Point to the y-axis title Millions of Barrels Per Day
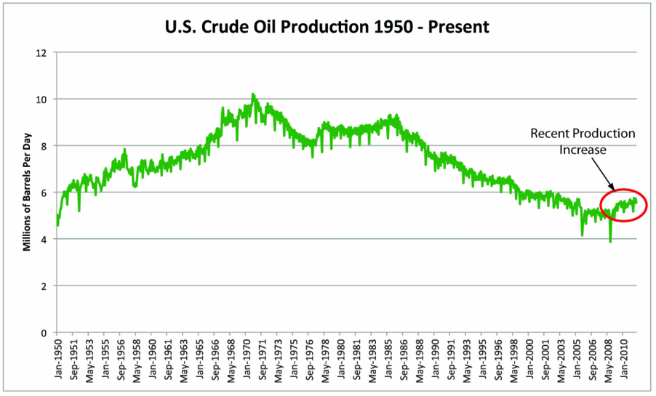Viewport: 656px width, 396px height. [x=27, y=192]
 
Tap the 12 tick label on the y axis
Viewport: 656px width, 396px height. [x=42, y=52]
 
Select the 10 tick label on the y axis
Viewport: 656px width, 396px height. [x=42, y=99]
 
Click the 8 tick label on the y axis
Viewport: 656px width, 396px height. [x=44, y=145]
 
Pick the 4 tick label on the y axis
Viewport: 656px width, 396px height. [x=44, y=239]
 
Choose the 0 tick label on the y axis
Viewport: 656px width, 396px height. [x=44, y=332]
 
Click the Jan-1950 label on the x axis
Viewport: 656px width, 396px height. [x=57, y=362]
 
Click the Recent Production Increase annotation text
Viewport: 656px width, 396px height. [x=583, y=142]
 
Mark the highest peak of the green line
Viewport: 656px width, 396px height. [x=252, y=94]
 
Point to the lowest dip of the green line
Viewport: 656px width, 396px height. [x=610, y=241]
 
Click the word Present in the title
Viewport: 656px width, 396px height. [x=461, y=27]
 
